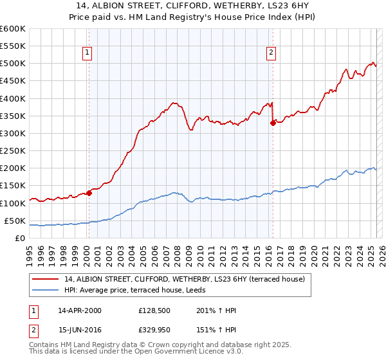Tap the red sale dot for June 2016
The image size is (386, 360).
tap(273, 123)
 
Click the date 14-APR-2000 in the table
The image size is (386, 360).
tap(80, 310)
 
